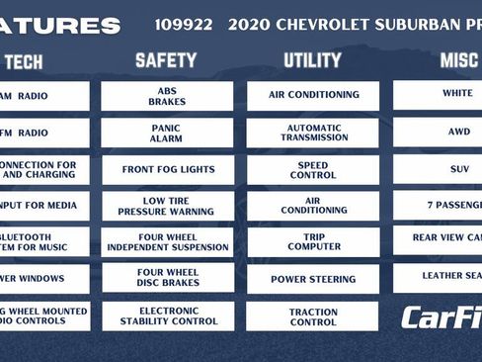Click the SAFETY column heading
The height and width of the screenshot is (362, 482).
166,60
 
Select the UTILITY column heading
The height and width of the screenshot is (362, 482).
312,60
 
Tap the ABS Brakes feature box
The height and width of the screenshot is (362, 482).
167,96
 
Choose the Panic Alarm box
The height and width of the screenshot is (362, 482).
167,133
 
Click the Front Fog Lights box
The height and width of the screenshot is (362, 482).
167,169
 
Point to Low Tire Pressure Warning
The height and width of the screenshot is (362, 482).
167,206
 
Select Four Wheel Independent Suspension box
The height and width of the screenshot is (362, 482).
167,242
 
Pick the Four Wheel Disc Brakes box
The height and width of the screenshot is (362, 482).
167,278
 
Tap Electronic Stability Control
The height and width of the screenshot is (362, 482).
167,316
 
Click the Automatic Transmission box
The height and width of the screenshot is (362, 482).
312,133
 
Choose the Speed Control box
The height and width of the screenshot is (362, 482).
312,169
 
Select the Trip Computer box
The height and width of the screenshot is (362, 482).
312,242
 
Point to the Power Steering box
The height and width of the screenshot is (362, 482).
312,279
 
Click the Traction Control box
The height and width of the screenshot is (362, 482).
312,316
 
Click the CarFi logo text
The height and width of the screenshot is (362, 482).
441,317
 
